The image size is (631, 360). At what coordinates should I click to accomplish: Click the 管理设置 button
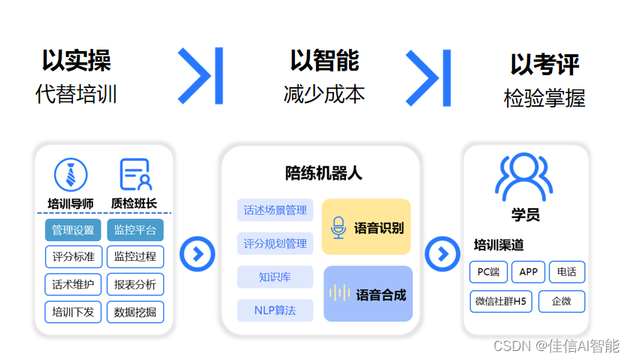point(73,230)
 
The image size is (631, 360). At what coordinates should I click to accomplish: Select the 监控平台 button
point(135,230)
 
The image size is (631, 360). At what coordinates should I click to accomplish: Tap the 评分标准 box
point(73,256)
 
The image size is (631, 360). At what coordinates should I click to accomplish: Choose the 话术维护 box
point(73,284)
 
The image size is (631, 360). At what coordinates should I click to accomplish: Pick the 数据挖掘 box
point(135,311)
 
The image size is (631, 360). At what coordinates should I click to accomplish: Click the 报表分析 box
point(135,284)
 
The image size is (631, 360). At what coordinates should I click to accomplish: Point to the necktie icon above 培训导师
point(71,175)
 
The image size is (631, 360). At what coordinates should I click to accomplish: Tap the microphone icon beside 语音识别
point(338,228)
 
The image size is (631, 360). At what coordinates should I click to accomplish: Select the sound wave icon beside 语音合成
point(341,294)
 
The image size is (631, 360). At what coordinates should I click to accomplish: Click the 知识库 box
point(275,277)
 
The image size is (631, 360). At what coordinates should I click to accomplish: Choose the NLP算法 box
point(275,310)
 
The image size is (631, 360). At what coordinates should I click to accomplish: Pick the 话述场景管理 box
point(275,210)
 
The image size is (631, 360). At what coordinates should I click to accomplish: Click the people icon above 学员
point(523,177)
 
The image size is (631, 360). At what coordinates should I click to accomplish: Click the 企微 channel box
point(561,302)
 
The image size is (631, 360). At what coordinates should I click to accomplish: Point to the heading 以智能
point(324,60)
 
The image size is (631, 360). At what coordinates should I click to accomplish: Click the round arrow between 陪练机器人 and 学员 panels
point(442,253)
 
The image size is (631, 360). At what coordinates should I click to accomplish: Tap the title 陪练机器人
point(323,174)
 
